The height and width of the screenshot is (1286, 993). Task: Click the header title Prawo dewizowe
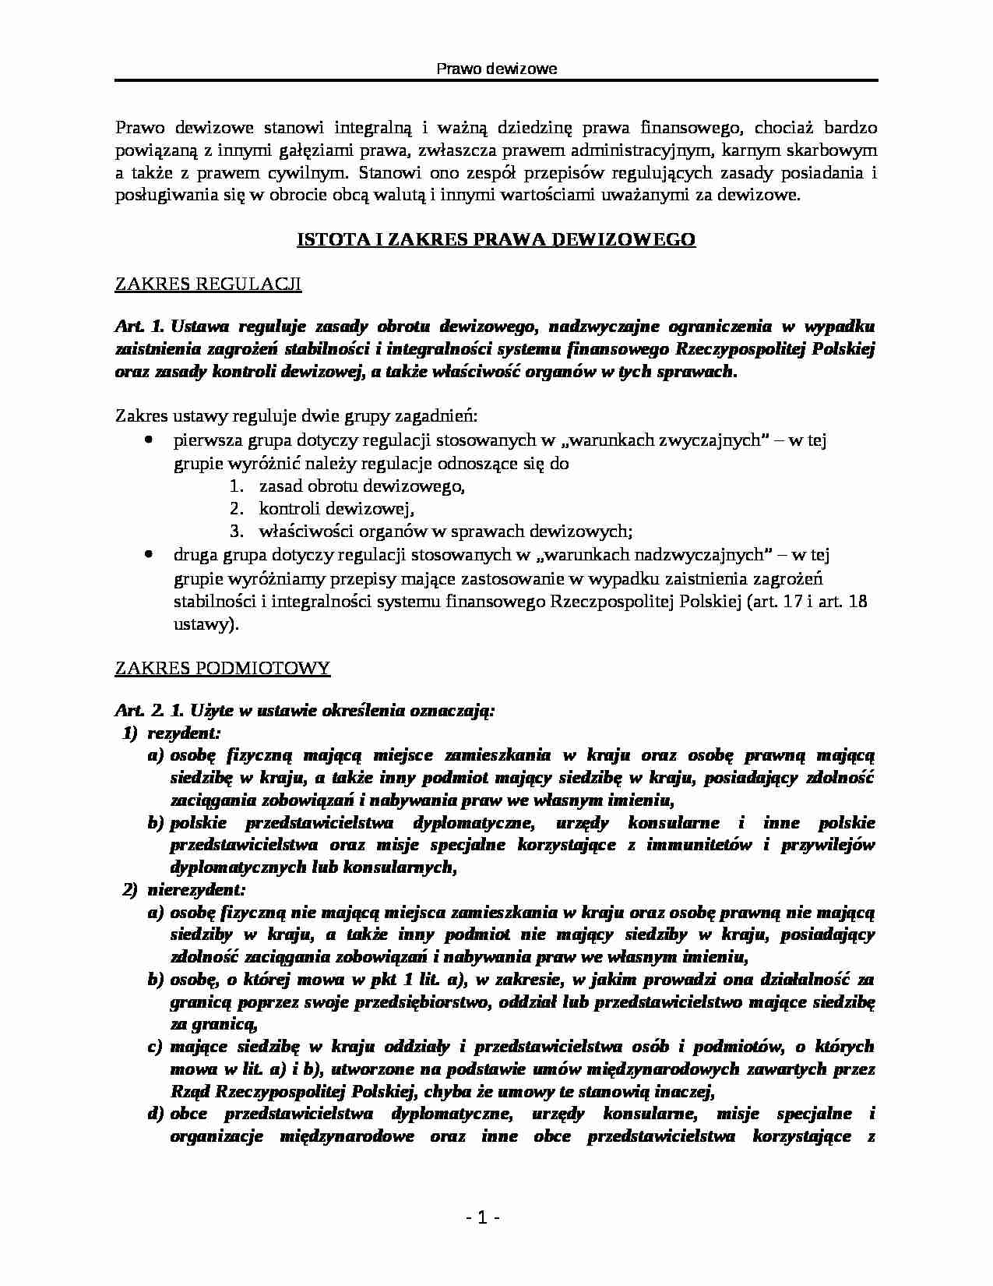496,69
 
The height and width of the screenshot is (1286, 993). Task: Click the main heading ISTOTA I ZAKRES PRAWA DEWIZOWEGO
496,239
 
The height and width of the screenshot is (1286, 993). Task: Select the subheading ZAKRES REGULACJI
207,284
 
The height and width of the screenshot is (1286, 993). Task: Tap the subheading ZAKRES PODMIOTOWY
222,668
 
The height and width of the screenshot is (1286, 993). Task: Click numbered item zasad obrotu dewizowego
361,486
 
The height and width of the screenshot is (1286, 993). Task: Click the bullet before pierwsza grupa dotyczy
149,440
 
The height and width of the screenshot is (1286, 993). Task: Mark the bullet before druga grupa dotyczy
149,555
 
